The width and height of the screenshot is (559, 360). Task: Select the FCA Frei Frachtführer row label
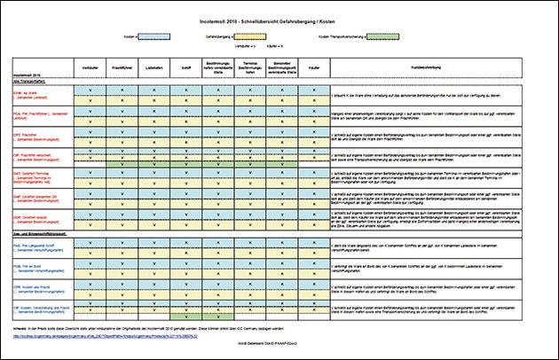[40, 114]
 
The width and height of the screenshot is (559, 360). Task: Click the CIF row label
[39, 307]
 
